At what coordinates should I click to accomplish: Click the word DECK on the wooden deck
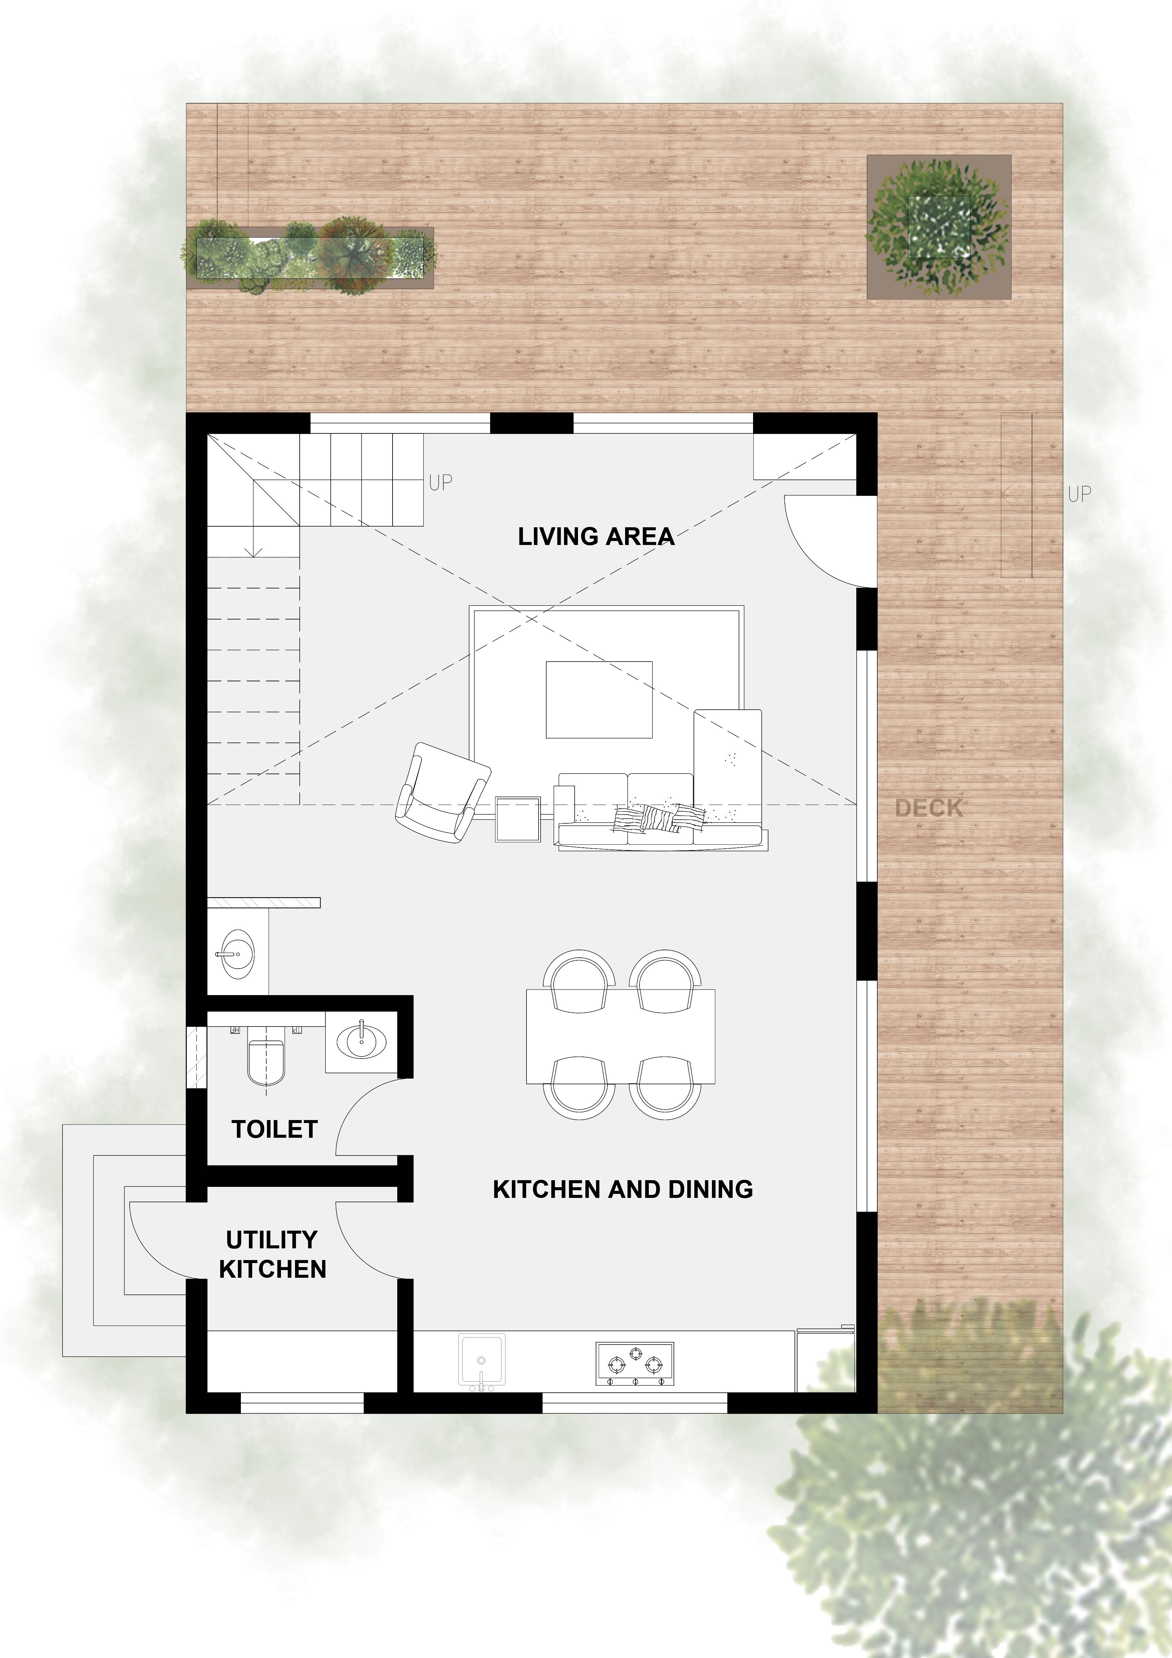point(929,808)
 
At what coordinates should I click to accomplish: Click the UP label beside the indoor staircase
point(440,482)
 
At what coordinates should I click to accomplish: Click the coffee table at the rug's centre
point(599,699)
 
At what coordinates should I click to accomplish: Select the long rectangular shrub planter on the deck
point(310,256)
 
